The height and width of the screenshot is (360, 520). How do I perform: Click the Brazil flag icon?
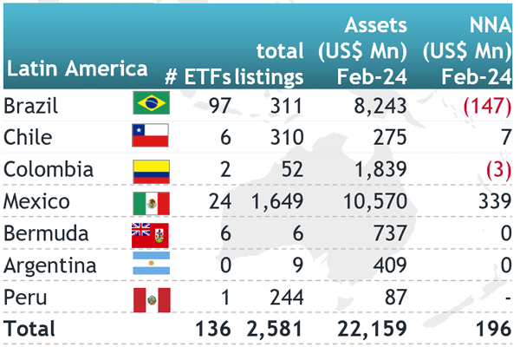151,105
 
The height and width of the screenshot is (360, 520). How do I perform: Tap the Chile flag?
151,137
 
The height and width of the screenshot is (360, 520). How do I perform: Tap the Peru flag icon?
151,298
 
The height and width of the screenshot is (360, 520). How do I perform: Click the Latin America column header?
76,69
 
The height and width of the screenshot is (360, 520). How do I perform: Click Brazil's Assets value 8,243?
379,105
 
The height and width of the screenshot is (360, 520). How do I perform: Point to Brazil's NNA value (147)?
484,105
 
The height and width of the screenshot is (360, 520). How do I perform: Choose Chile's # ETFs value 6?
224,137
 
